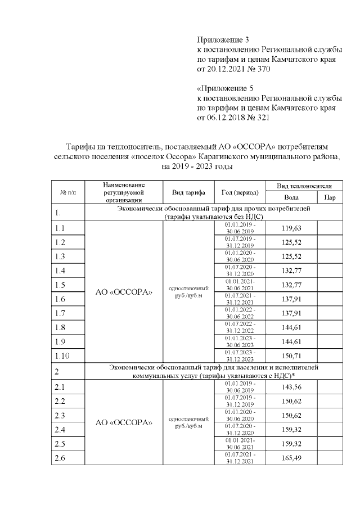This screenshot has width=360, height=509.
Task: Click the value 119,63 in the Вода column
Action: [x=291, y=228]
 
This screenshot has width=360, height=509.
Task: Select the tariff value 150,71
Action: [x=291, y=356]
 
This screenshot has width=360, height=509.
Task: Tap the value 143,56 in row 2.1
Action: [x=291, y=387]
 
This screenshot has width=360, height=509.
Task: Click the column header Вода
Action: [x=291, y=197]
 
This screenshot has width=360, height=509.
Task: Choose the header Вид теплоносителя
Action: [x=304, y=186]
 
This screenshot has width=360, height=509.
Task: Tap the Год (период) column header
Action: [x=240, y=192]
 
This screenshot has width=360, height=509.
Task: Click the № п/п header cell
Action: [x=67, y=192]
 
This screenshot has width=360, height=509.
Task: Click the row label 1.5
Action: [x=60, y=285]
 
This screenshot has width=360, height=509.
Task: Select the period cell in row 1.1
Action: [x=240, y=228]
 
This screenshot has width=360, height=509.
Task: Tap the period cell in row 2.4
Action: [x=240, y=430]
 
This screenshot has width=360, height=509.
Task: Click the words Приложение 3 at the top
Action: [x=223, y=40]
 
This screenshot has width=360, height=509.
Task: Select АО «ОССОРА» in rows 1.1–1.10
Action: [x=123, y=292]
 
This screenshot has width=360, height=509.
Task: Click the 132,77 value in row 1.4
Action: [x=291, y=271]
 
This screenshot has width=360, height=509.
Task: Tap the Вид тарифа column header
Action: [x=188, y=192]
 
